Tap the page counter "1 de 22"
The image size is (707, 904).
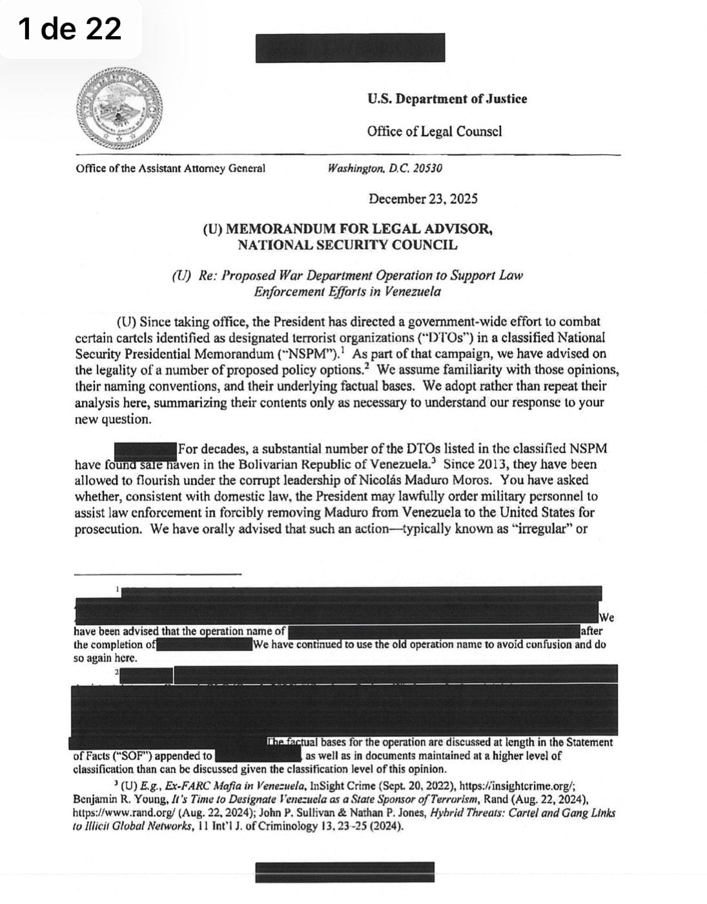(70, 29)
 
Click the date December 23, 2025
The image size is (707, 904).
(423, 199)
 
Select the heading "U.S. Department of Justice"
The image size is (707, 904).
(447, 99)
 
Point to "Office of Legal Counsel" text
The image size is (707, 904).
(435, 132)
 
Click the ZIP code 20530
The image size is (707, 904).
(428, 169)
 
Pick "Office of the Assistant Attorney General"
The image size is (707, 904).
(170, 169)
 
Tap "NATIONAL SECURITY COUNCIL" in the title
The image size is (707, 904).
(347, 245)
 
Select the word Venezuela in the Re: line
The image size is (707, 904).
(413, 291)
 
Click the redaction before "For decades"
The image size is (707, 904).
(145, 448)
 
